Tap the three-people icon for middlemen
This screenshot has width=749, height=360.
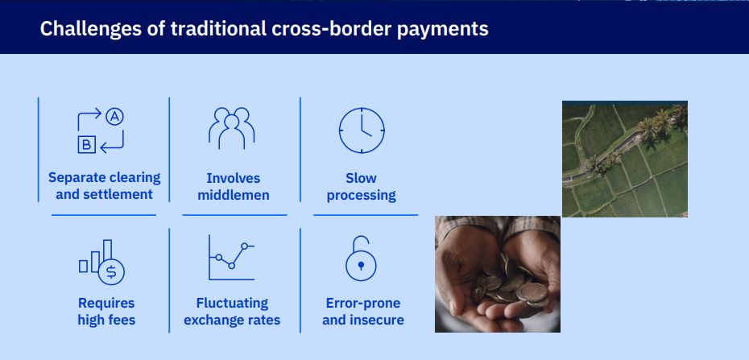(x=232, y=128)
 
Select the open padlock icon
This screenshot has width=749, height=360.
(x=361, y=259)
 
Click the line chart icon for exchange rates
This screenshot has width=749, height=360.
(x=232, y=258)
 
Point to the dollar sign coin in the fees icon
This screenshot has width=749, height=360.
(x=111, y=272)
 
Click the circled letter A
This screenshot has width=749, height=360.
(x=114, y=117)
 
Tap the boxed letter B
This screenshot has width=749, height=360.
(x=86, y=144)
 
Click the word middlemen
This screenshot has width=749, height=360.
(x=234, y=195)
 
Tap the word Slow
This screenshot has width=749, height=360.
(x=361, y=178)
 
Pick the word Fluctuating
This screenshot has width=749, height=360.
(x=232, y=303)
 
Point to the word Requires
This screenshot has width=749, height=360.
(x=106, y=303)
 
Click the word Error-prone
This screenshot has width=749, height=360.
(x=363, y=303)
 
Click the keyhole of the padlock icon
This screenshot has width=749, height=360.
(x=361, y=265)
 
